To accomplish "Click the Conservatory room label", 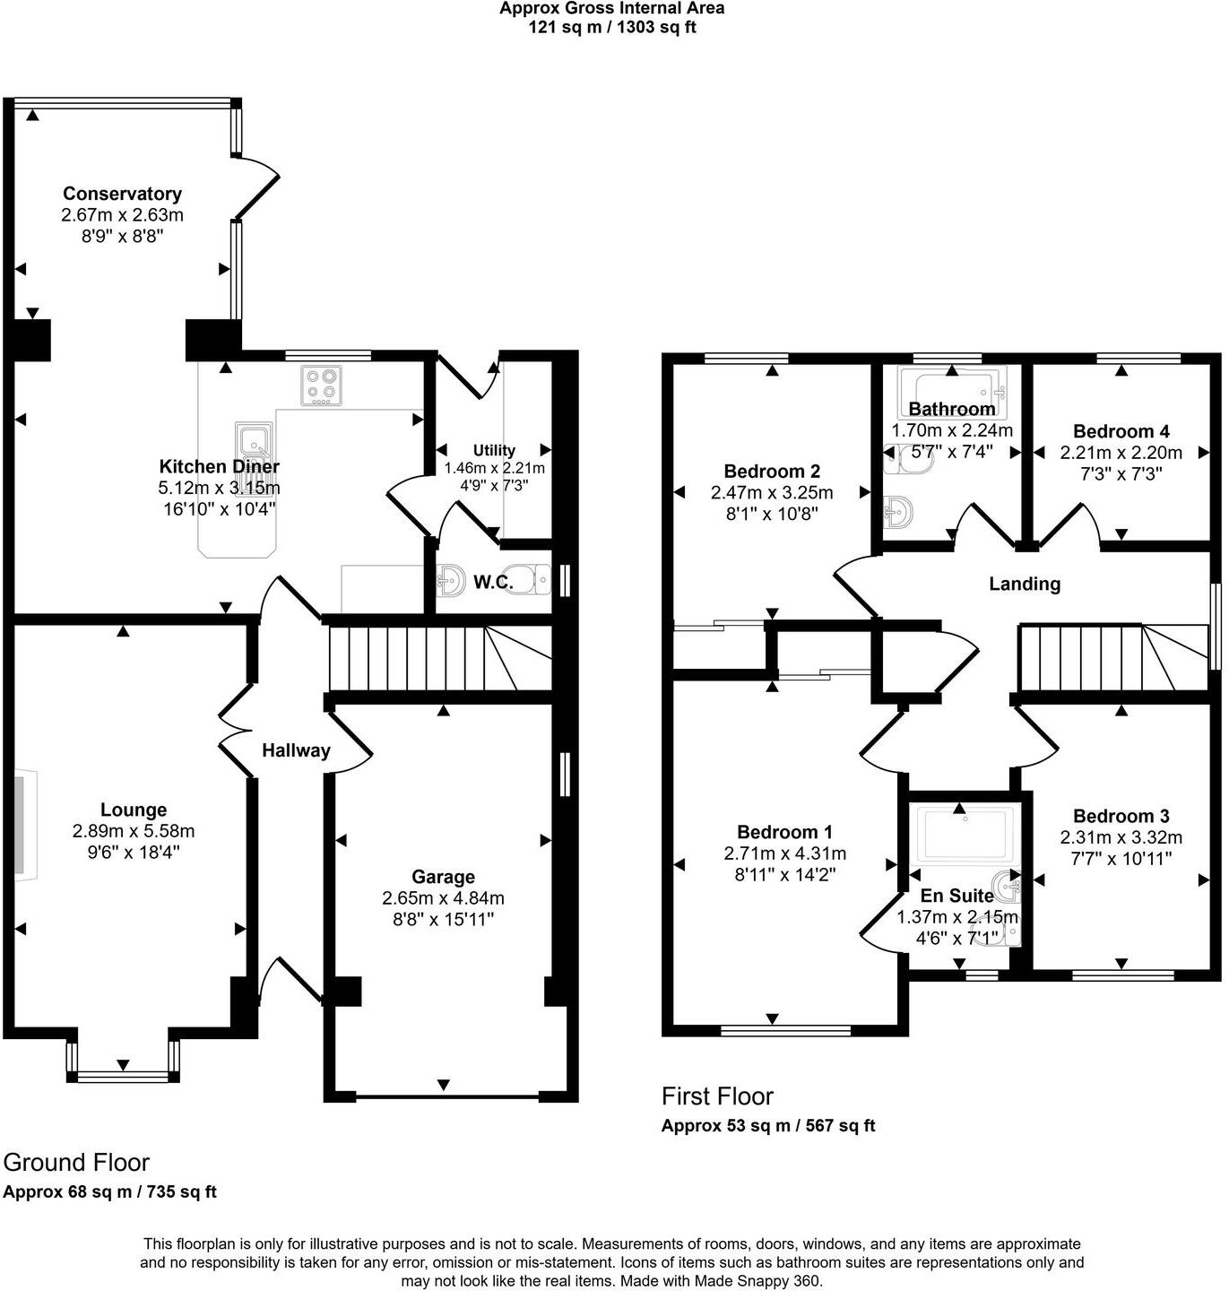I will pos(122,194).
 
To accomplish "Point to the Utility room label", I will pos(494,450).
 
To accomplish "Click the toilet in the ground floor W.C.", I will pos(528,580).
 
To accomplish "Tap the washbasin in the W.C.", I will pos(450,581).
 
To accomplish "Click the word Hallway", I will pos(296,750).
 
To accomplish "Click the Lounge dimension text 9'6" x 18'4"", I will pos(134,852).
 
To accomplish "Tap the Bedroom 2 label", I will pos(772,471).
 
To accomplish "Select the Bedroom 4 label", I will pos(1121,431).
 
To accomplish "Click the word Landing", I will pos(1025,584).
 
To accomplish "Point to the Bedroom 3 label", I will pos(1121,816).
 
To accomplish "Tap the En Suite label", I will pos(956,896).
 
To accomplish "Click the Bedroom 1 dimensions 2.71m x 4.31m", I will pos(784,853).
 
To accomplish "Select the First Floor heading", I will pos(717,1096).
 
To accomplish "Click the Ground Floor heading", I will pos(76,1162).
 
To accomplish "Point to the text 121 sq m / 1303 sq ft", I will pos(612,27).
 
